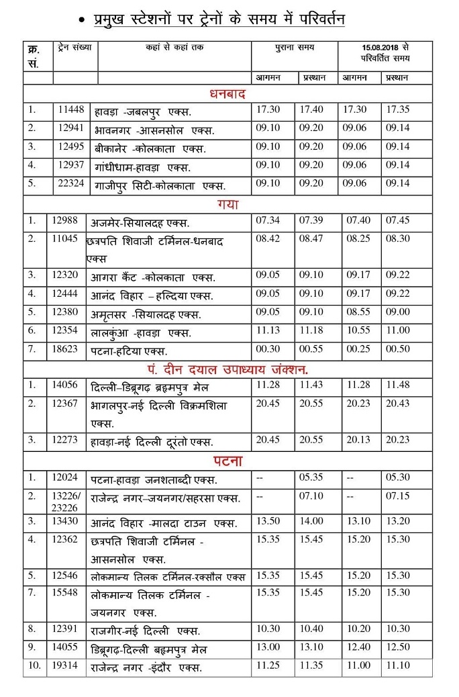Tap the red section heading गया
pos(227,203)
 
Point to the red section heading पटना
pos(228,461)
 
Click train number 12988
pos(64,220)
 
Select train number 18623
pos(64,349)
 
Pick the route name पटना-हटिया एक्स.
pos(129,351)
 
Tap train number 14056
pos(64,385)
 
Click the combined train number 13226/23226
pos(66,501)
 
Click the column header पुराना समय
pos(295,48)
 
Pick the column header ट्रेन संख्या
pos(74,48)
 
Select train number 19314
pos(64,667)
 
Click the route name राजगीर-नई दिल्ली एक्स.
pos(145,631)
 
